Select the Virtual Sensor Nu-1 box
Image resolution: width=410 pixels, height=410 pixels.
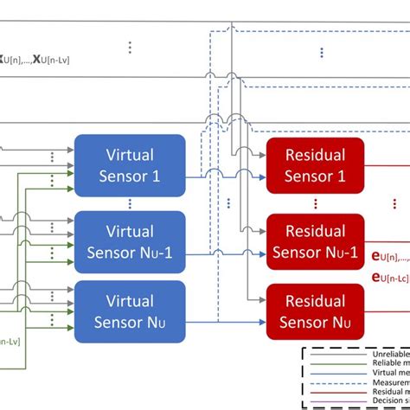tap(130, 242)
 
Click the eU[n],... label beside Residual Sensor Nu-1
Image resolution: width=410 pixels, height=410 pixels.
tap(389, 256)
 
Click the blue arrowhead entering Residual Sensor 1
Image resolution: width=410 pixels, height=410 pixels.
tap(262, 177)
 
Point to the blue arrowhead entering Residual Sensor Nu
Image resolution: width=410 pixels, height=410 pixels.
tap(262, 321)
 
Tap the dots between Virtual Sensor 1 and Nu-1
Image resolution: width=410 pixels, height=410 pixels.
tap(130, 204)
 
